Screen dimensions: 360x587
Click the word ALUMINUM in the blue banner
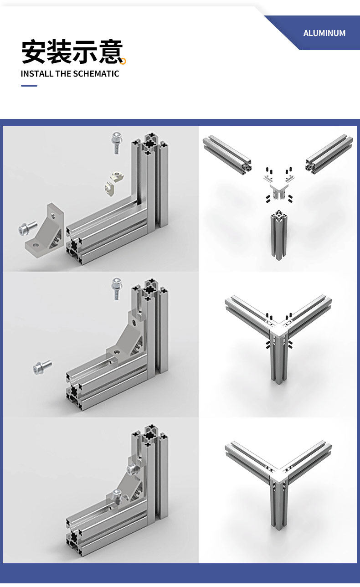pos(324,33)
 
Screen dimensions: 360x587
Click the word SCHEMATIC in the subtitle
pos(96,74)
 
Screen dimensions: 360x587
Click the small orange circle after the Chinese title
pos(123,61)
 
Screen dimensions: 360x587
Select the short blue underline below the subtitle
pos(29,85)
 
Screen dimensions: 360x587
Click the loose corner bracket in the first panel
pos(45,231)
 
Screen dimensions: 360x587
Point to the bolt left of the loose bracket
pos(27,228)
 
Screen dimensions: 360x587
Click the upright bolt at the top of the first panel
pos(117,143)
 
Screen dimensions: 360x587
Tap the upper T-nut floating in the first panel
pos(118,176)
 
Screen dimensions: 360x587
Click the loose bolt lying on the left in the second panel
pos(42,367)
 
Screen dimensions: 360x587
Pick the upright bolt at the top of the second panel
pos(117,288)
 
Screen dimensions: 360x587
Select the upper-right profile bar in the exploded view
pos(329,154)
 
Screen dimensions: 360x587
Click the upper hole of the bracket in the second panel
pos(134,322)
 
